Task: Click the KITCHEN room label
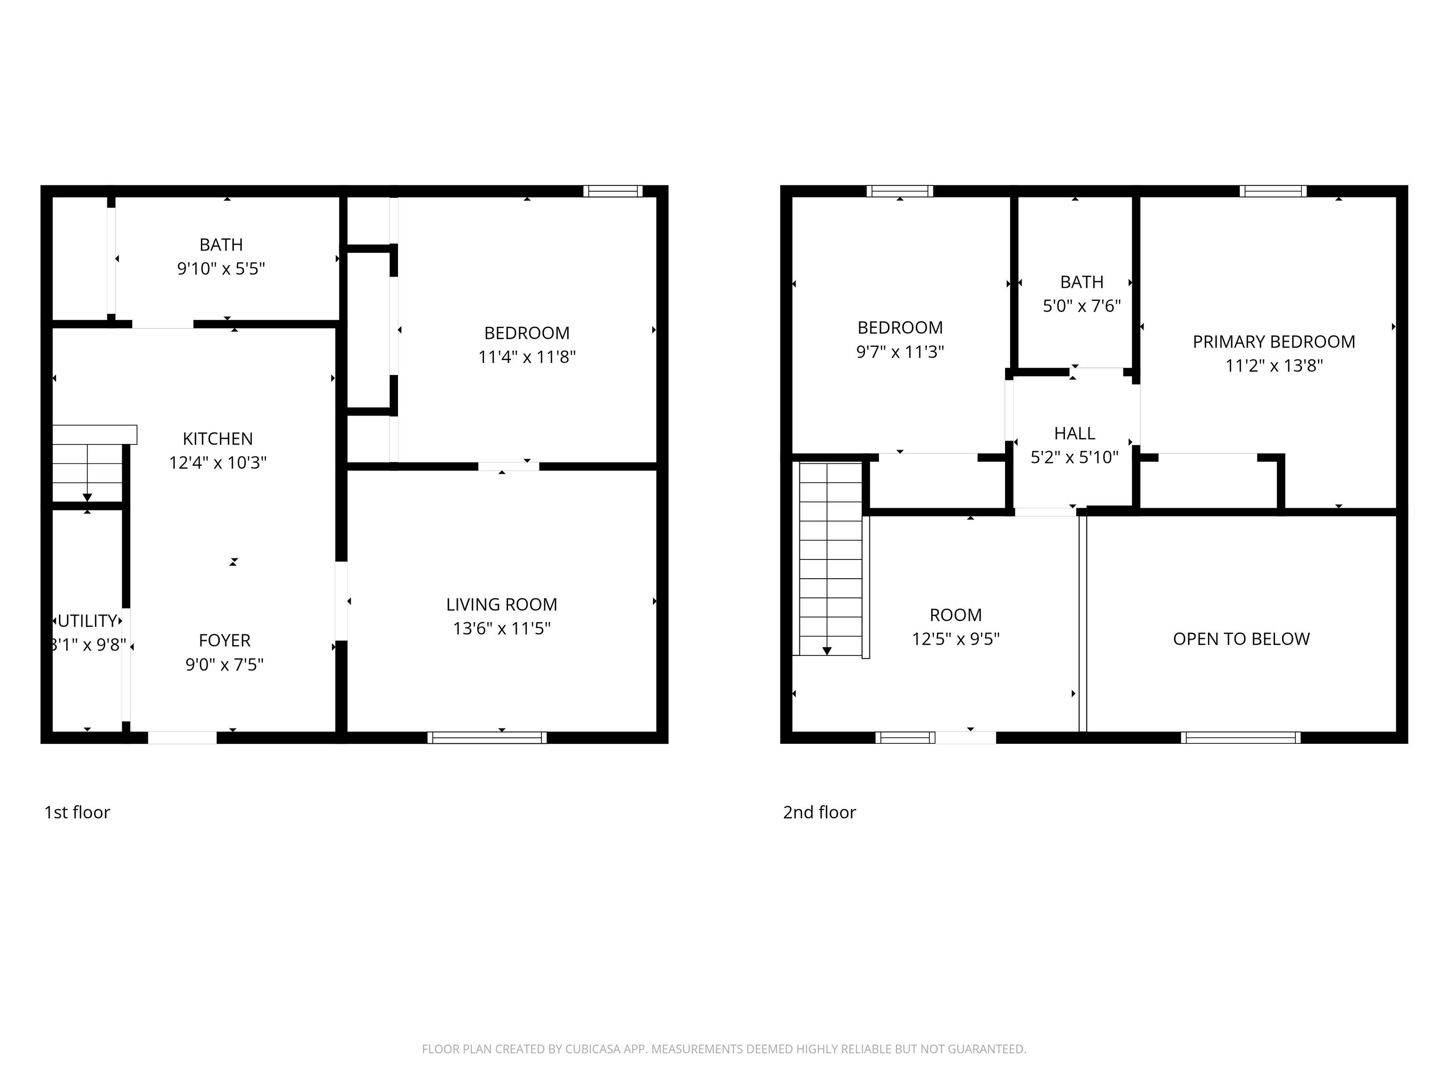pos(217,439)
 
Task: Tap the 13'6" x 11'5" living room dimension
pos(502,628)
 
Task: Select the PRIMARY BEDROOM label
pos(1274,342)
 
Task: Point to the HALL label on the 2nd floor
pos(1074,433)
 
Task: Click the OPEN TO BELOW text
pos(1241,639)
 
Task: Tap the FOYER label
pos(225,640)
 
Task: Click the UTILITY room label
pos(87,621)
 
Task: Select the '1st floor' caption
pos(77,812)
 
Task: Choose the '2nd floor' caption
pos(820,812)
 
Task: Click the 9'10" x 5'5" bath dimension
pos(221,268)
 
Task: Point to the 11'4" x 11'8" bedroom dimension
pos(526,357)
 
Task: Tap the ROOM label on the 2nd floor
pos(956,615)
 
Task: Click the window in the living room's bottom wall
pos(487,738)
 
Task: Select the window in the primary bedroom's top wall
pos(1273,191)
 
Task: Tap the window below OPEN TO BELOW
pos(1241,738)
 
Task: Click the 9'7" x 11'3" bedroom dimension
pos(900,351)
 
